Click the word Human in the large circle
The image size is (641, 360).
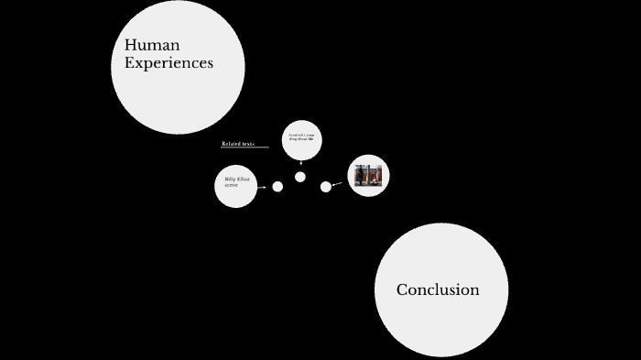click(152, 45)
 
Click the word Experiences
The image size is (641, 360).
click(168, 63)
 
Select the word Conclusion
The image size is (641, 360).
click(438, 289)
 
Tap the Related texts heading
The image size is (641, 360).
click(238, 144)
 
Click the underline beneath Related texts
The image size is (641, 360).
click(244, 147)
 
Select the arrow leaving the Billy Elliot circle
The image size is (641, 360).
click(263, 187)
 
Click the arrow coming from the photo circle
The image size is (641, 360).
click(337, 184)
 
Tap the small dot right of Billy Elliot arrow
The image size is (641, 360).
click(277, 187)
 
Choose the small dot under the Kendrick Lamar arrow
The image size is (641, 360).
click(300, 177)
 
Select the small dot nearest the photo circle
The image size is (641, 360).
click(326, 187)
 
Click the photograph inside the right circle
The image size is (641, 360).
click(369, 176)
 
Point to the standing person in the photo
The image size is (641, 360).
click(360, 174)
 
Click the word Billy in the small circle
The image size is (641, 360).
click(230, 180)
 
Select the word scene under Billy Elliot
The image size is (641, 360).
click(231, 185)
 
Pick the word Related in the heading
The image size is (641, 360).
click(231, 144)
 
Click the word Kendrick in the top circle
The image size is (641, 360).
click(295, 135)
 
